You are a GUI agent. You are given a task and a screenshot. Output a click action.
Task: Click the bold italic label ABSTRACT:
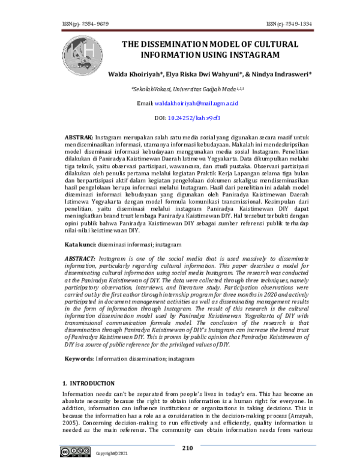coord(80,258)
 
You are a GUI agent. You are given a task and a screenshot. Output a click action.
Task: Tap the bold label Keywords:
coord(79,359)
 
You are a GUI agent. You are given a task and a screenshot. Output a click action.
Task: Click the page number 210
coord(187,447)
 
